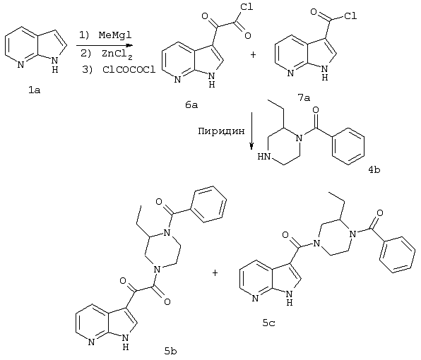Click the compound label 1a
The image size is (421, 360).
point(35,90)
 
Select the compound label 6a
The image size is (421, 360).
point(191,104)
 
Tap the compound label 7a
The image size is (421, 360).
point(304,98)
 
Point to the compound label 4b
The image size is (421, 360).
point(374,169)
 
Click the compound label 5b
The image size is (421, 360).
point(171,351)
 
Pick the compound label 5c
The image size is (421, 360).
point(268,323)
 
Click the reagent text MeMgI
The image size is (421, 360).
point(115,35)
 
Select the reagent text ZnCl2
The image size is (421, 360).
point(117,54)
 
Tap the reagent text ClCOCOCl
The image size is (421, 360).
point(129,70)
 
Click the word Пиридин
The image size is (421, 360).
point(221,131)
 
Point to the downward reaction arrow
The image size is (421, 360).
point(251,131)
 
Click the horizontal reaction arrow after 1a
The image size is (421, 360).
point(105,45)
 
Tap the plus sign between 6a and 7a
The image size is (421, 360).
point(253,55)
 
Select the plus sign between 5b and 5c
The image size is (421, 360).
point(215,273)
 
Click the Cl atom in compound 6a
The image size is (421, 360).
point(247,7)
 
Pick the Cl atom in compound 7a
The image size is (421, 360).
point(350,16)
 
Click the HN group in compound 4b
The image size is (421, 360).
point(264,156)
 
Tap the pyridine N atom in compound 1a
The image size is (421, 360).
point(20,65)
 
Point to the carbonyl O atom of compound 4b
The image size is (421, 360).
point(316,109)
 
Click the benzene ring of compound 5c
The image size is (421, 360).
point(397,255)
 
